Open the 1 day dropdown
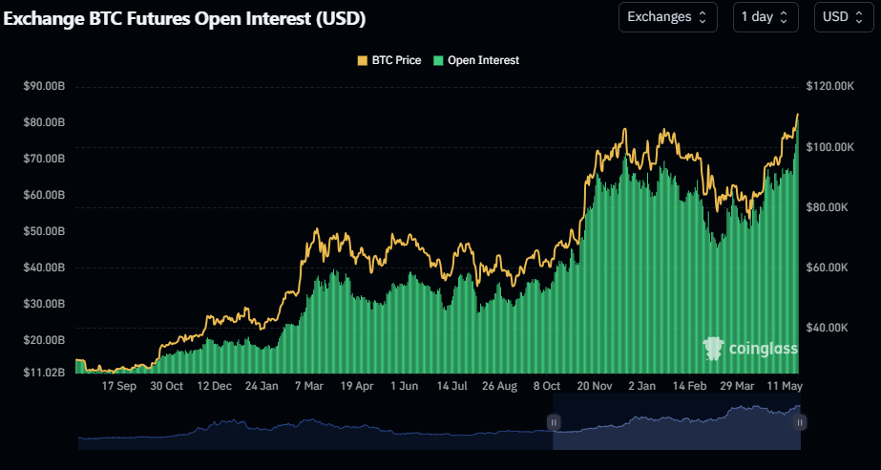(x=766, y=17)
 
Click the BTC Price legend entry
(x=388, y=60)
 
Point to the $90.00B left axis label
(x=44, y=86)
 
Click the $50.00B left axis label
(x=44, y=231)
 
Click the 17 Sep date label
(x=120, y=387)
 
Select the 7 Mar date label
(x=309, y=387)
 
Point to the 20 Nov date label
(x=594, y=387)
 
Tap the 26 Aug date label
(x=499, y=387)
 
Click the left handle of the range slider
(x=554, y=421)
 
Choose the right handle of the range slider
(x=800, y=421)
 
